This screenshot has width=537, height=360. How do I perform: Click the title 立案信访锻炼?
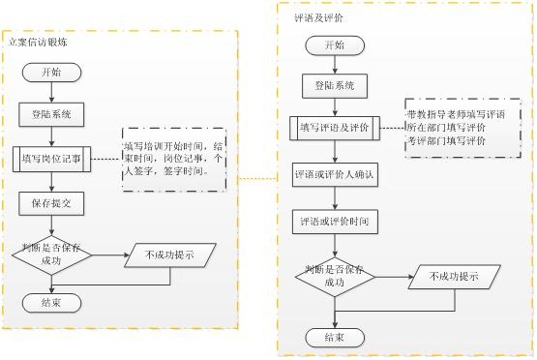click(x=39, y=43)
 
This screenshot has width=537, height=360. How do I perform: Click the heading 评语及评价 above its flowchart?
click(x=315, y=17)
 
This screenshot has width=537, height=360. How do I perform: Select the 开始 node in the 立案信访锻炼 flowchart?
click(x=52, y=74)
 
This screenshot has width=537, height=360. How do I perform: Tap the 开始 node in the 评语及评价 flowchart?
click(x=334, y=45)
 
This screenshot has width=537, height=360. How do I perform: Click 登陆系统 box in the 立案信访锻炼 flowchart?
click(x=53, y=114)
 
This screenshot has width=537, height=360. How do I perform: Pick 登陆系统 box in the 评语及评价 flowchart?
click(x=334, y=86)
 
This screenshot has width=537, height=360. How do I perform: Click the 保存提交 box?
click(x=53, y=203)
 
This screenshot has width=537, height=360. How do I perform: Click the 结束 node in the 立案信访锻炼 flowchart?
click(x=53, y=301)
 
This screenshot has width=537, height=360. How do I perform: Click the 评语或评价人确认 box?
click(x=334, y=178)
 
